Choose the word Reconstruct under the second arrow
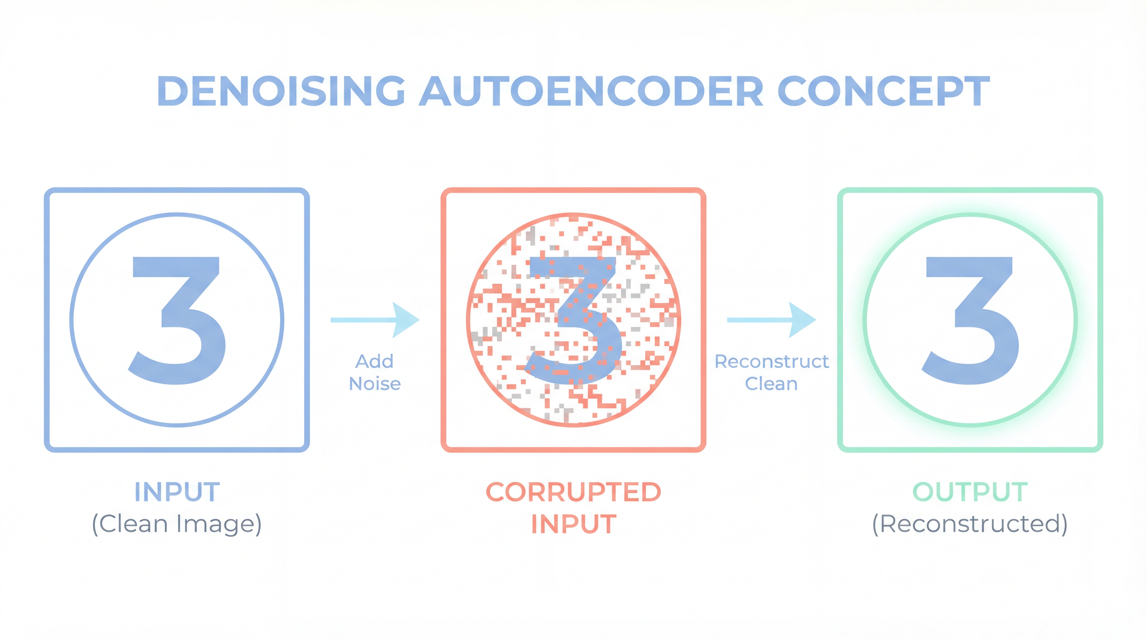(772, 361)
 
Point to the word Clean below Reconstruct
(772, 384)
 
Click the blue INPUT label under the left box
(177, 492)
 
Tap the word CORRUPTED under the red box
(573, 492)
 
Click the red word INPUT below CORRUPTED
(573, 524)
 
